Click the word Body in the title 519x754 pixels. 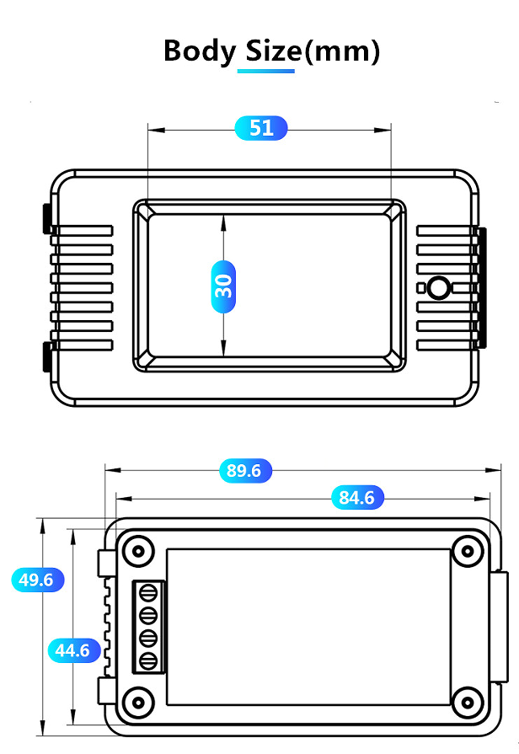click(x=200, y=51)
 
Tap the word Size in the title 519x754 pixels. click(x=273, y=51)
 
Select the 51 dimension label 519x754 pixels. click(x=261, y=128)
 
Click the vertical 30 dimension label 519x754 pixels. click(x=223, y=286)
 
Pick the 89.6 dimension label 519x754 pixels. click(x=245, y=470)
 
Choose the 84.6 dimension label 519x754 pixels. click(x=357, y=497)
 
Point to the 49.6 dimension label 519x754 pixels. click(x=38, y=580)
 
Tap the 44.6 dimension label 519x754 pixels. click(x=74, y=650)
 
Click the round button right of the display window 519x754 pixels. click(x=438, y=287)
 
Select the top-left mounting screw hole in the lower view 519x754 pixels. click(x=138, y=551)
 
